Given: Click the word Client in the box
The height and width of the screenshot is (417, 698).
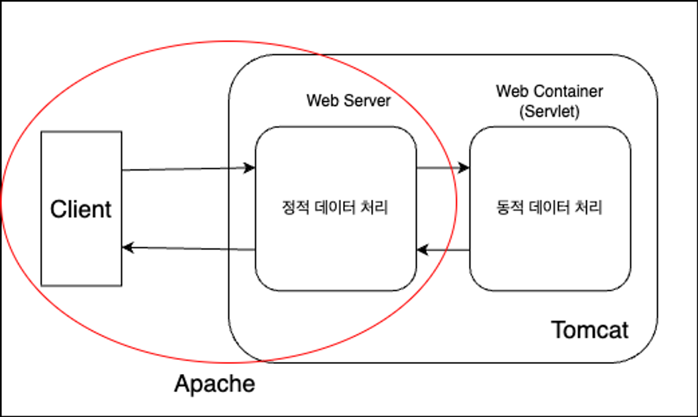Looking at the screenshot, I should tap(81, 210).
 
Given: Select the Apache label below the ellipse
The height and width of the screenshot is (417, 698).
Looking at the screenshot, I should tap(215, 384).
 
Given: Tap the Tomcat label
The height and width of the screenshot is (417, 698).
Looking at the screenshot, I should tap(590, 330).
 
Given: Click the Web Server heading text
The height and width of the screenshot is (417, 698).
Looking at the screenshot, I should tap(348, 101).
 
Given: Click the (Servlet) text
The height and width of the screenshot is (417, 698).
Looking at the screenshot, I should tap(550, 111).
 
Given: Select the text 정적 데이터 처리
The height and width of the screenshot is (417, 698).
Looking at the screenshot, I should tap(335, 208).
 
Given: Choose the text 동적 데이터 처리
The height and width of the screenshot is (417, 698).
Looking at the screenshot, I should tap(550, 208).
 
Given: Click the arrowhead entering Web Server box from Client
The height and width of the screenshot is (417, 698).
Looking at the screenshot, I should tap(250, 168).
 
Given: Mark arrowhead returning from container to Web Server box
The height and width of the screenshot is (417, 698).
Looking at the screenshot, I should tap(422, 250).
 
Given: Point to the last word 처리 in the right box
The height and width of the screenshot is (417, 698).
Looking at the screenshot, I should tap(591, 208).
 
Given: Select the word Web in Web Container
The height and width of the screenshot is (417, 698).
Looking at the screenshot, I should tap(509, 91).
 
